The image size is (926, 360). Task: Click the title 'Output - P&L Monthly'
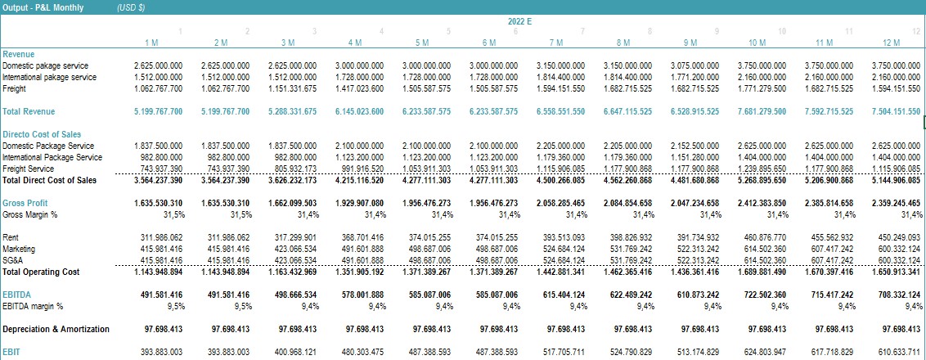43,7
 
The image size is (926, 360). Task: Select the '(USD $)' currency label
131,7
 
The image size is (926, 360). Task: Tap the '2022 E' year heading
519,21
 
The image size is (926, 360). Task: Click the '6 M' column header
488,43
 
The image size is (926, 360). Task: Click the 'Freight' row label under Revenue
14,88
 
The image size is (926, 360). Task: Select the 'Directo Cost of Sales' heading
42,134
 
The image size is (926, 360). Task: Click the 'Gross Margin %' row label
30,214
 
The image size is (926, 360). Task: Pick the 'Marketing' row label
19,249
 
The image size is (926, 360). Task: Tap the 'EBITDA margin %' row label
33,306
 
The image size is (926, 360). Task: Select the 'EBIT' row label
11,352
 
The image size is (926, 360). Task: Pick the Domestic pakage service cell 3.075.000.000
695,65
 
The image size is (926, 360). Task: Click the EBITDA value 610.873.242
698,295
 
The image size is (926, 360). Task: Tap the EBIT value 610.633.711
900,352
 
